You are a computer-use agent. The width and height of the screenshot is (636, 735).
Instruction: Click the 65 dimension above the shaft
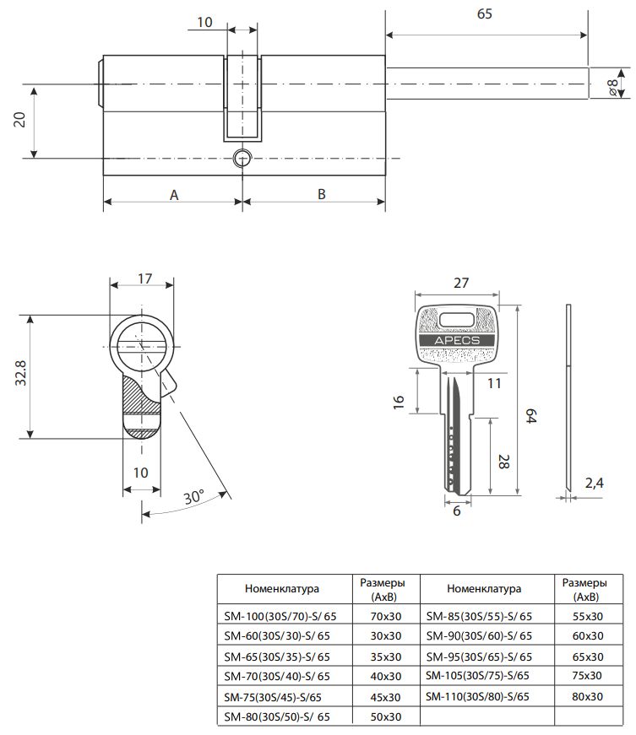click(485, 14)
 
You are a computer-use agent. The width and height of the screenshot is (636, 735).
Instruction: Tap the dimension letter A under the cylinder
click(174, 194)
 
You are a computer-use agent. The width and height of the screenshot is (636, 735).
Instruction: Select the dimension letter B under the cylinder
click(322, 194)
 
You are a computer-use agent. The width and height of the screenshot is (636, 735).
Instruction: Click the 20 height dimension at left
click(19, 120)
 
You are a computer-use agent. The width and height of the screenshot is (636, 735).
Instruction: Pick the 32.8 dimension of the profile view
click(19, 374)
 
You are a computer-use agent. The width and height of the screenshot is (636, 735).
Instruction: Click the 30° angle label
click(194, 498)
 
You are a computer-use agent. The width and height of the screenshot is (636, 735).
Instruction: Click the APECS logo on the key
click(456, 340)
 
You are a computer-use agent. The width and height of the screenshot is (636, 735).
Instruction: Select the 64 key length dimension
click(531, 416)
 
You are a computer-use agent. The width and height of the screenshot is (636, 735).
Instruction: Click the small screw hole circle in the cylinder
click(242, 158)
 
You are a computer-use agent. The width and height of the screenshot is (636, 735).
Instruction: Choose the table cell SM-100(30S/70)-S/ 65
click(276, 615)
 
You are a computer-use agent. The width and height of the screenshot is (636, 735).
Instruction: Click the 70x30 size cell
click(385, 615)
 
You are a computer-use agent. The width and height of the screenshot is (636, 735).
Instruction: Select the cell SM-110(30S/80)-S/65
click(478, 696)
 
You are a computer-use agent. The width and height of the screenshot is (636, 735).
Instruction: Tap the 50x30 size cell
click(385, 716)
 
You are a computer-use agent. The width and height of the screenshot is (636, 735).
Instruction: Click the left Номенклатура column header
click(281, 588)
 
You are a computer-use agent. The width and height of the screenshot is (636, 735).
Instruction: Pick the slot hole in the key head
click(457, 319)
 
